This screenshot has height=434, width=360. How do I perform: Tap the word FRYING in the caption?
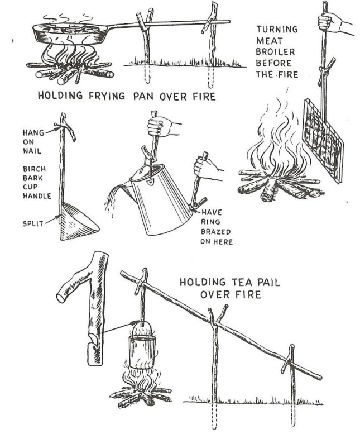pyautogui.click(x=107, y=96)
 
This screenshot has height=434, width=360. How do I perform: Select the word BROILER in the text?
pyautogui.click(x=275, y=52)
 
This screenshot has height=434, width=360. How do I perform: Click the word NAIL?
pyautogui.click(x=32, y=151)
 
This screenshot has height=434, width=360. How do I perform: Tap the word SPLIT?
pyautogui.click(x=33, y=223)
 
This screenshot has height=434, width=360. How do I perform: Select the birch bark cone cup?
pyautogui.click(x=78, y=221)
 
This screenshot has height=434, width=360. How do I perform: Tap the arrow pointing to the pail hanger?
pyautogui.click(x=118, y=327)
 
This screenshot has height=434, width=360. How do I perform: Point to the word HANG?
pyautogui.click(x=33, y=132)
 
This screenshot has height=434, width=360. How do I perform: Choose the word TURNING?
pyautogui.click(x=277, y=29)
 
